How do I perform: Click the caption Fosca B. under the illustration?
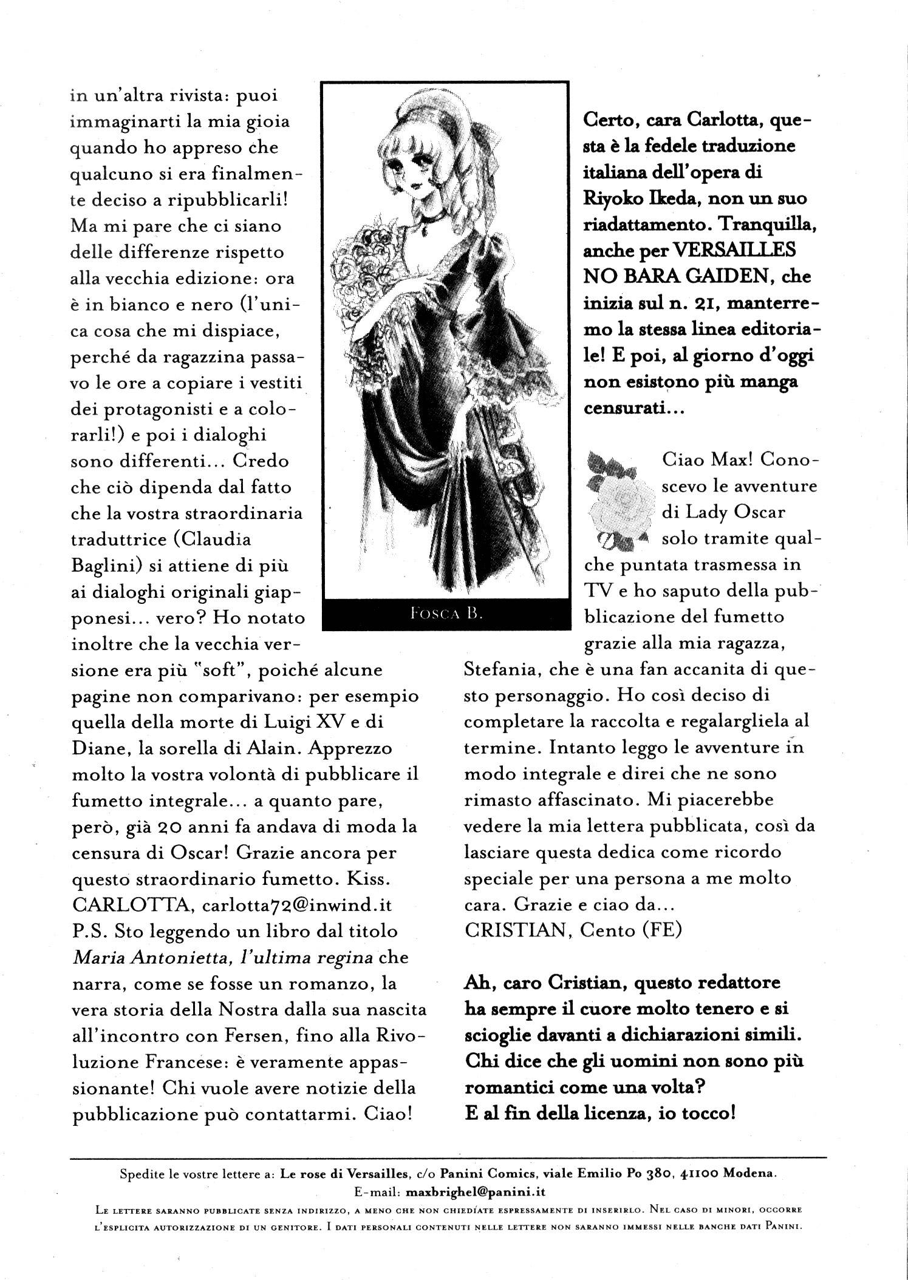point(446,614)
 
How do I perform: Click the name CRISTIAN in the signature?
point(515,930)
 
